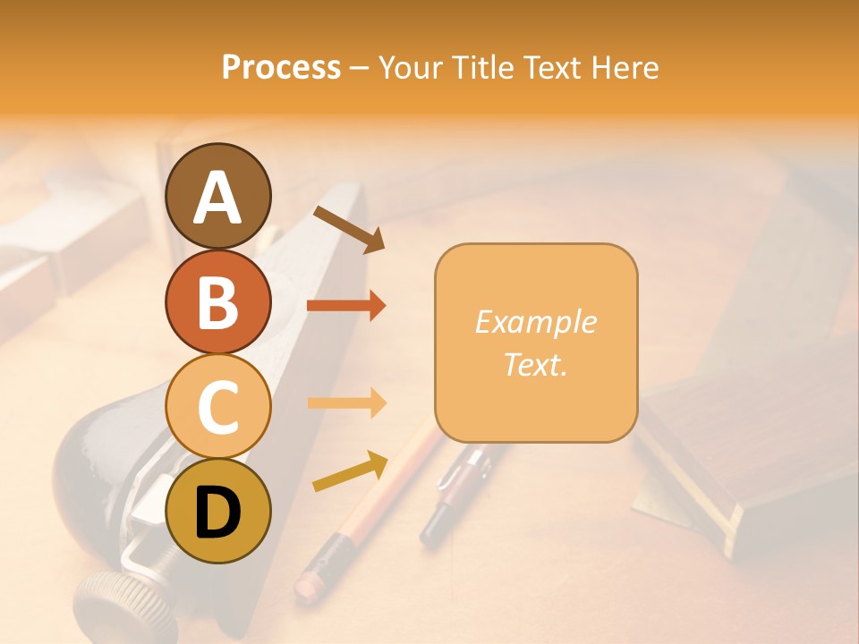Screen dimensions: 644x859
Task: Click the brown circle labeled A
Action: (x=217, y=196)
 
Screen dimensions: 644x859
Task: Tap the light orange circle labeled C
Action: (x=217, y=406)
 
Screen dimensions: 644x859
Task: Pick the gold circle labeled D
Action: (x=217, y=511)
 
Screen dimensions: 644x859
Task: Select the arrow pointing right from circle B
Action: (x=346, y=306)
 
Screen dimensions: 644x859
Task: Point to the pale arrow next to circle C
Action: (x=346, y=403)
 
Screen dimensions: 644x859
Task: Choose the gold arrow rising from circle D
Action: (x=350, y=470)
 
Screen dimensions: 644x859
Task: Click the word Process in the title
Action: (x=281, y=68)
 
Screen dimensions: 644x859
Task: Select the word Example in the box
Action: (x=535, y=322)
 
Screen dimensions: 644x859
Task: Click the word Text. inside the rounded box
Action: (x=535, y=364)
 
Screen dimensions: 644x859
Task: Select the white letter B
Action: (x=217, y=301)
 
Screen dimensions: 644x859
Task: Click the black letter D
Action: (x=217, y=512)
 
